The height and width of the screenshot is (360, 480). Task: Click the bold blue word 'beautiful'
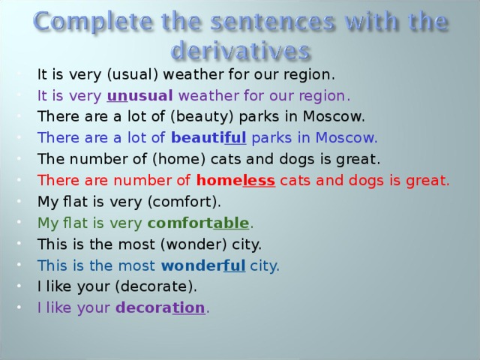[x=208, y=138]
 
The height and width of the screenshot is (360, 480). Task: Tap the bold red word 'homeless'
[x=235, y=180]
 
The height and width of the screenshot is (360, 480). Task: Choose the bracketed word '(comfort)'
[x=184, y=202]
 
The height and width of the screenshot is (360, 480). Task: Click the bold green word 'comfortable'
[x=198, y=223]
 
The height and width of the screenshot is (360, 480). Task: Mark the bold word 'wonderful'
[x=203, y=265]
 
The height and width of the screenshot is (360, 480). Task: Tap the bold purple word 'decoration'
[x=160, y=307]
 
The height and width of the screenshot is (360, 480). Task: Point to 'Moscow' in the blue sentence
[x=352, y=138]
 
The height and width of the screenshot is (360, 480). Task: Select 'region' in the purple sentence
[x=323, y=96]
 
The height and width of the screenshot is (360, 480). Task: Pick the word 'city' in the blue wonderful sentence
[x=265, y=265]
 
